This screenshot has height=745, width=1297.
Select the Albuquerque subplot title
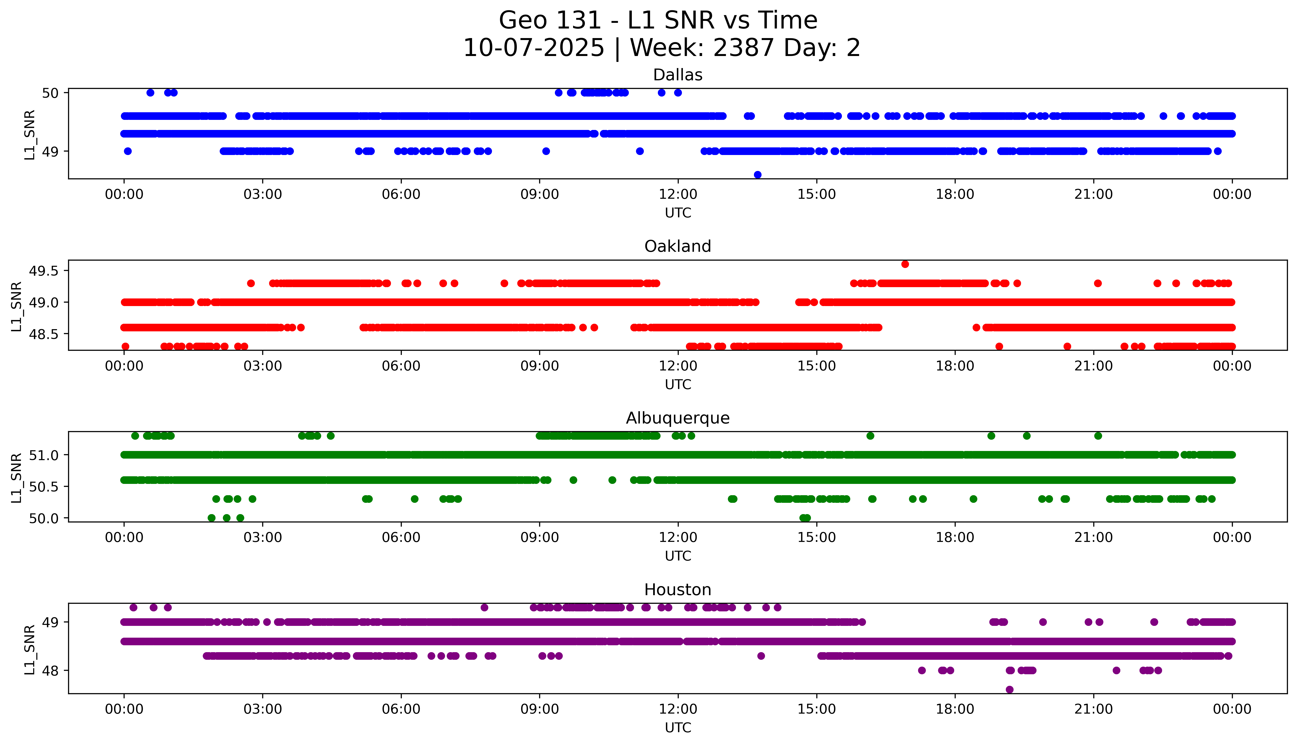pyautogui.click(x=678, y=418)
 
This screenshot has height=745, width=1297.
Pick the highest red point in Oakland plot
pyautogui.click(x=905, y=264)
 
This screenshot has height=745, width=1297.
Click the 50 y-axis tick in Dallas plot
pyautogui.click(x=50, y=93)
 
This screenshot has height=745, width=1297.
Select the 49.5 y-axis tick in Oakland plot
pyautogui.click(x=43, y=271)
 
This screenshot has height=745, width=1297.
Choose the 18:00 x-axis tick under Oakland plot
pyautogui.click(x=955, y=366)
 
